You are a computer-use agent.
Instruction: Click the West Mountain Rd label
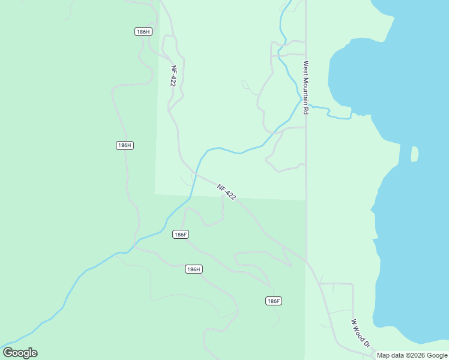point(306,88)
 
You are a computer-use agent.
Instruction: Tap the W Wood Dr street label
point(361,334)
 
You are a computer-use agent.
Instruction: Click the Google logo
point(20,353)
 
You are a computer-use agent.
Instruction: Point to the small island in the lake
point(414,154)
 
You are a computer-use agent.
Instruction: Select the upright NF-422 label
point(173,76)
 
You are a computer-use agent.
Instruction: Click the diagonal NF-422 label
point(227,191)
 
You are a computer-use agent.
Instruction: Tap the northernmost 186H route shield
point(143,32)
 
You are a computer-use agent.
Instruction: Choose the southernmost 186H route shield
point(193,269)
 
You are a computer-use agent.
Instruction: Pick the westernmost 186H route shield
point(124,145)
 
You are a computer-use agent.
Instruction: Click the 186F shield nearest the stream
point(181,234)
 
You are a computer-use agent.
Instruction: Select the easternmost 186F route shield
point(273,301)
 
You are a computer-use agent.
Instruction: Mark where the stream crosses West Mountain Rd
point(306,105)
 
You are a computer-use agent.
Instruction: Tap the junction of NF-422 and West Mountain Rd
point(307,261)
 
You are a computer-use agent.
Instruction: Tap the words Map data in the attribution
point(391,355)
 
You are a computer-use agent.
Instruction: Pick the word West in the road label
point(306,67)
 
